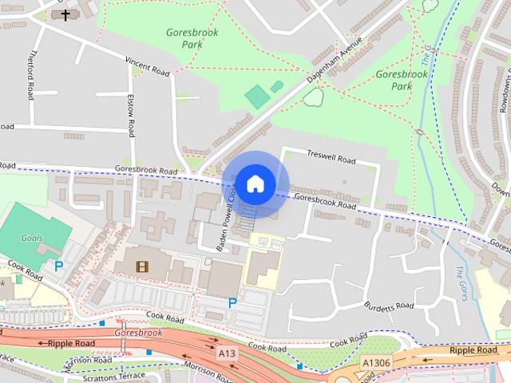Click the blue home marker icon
point(255,184)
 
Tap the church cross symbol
point(65,14)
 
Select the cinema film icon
point(141,267)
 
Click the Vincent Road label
point(147,66)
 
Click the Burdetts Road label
point(390,306)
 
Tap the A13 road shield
point(227,352)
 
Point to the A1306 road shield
point(375,362)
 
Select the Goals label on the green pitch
point(32,238)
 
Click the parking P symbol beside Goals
point(58,267)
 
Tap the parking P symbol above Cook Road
point(232,302)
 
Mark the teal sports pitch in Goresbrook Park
point(257,97)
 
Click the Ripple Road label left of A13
point(71,343)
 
